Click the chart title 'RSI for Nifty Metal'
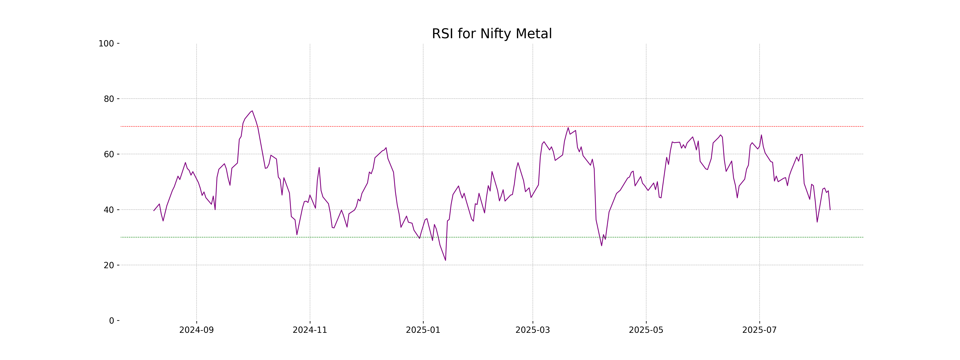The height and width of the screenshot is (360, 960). pyautogui.click(x=492, y=34)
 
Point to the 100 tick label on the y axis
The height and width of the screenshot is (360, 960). pyautogui.click(x=106, y=44)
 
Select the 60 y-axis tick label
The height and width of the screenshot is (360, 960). pyautogui.click(x=109, y=154)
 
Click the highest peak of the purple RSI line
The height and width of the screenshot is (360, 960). pyautogui.click(x=252, y=111)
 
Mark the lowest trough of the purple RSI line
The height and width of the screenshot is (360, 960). pyautogui.click(x=445, y=260)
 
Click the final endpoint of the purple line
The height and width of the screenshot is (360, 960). pyautogui.click(x=830, y=210)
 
